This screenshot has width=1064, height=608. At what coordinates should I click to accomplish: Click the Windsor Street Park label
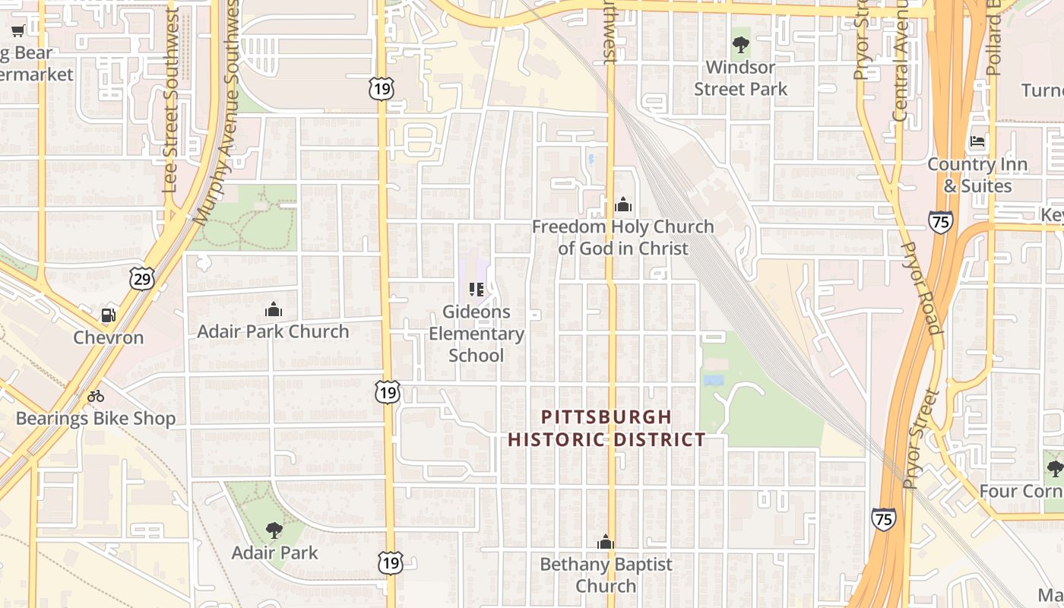point(740,78)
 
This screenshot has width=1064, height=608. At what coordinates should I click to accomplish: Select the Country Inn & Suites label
point(977,175)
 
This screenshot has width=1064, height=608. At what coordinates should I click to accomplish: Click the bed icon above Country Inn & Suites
point(977,142)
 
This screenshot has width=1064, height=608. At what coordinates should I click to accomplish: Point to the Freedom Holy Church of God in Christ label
point(622,237)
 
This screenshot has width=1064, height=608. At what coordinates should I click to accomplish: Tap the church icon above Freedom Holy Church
point(622,204)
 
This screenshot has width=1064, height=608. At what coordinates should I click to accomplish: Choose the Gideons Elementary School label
point(477,334)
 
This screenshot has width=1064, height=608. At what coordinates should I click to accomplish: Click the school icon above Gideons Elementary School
point(477,290)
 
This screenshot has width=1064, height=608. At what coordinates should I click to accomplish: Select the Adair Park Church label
point(273,331)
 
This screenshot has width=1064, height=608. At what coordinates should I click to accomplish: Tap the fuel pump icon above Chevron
point(109,315)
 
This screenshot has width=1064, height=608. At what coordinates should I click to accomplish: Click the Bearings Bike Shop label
point(96,418)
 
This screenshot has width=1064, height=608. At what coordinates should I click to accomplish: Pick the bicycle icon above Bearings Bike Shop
point(96,395)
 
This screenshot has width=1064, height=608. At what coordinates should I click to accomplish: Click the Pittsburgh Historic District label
point(606,428)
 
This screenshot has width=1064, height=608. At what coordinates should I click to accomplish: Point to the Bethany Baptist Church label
point(606,575)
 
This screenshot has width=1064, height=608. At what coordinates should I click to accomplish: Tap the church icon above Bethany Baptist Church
point(606,542)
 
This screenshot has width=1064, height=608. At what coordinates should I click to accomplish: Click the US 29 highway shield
point(141,278)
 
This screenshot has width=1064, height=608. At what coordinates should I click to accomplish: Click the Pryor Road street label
point(921,289)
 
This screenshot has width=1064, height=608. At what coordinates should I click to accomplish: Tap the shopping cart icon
point(18,31)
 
